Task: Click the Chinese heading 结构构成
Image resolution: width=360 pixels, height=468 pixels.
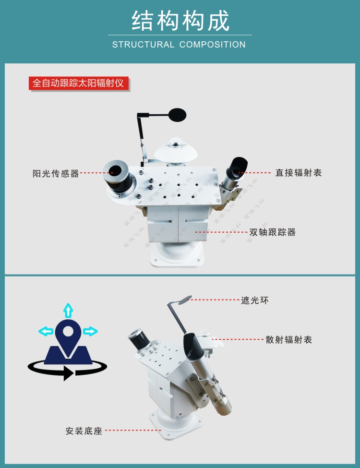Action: click(180, 21)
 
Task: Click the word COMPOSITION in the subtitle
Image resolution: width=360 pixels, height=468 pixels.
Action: click(212, 45)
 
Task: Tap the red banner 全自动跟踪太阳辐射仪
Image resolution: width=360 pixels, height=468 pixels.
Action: click(79, 83)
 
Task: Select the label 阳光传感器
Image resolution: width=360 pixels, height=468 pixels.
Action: click(56, 173)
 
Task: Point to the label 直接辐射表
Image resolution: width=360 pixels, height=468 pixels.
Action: click(298, 172)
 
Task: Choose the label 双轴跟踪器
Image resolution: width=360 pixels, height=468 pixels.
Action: click(272, 232)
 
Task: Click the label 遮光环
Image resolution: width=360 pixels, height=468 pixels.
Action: click(254, 300)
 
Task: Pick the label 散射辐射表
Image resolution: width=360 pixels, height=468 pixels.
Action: click(288, 340)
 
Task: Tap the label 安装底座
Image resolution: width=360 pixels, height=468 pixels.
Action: click(84, 431)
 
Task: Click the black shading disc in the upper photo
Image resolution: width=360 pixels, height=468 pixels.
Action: click(178, 115)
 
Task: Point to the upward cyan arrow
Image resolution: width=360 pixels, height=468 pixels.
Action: click(68, 311)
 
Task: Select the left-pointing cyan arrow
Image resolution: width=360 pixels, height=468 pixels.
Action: click(46, 331)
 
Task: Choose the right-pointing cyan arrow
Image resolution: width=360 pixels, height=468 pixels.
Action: click(90, 331)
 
